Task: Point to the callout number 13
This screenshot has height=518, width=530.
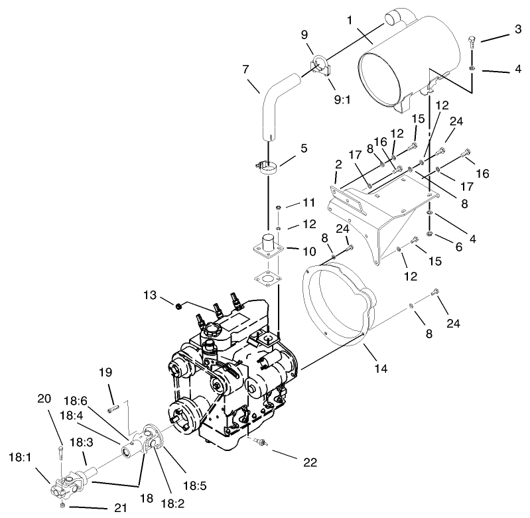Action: point(149,295)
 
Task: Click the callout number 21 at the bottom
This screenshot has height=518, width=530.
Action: point(115,507)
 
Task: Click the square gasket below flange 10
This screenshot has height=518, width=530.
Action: point(267,279)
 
